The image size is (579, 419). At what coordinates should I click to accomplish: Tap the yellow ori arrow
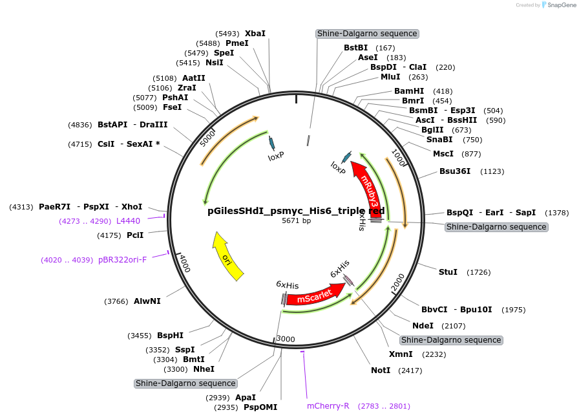227,257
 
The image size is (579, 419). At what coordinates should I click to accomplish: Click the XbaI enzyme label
255,33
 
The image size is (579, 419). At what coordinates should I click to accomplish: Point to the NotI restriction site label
381,370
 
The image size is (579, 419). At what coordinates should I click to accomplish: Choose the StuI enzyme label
448,272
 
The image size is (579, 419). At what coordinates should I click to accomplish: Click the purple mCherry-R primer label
328,406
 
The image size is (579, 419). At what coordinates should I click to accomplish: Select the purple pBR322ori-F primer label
123,260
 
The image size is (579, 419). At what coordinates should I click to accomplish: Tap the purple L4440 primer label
128,221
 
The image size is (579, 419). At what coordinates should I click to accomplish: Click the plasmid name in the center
296,211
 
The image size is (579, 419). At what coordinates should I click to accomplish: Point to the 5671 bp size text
296,221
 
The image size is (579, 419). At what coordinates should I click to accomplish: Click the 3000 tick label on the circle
285,339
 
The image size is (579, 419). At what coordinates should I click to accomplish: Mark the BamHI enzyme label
409,91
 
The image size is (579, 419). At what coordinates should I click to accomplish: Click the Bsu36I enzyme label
455,171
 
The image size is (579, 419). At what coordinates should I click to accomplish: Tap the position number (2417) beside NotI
409,371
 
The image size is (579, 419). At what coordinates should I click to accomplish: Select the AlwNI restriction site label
147,301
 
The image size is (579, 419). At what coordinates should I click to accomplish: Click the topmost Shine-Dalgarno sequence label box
367,34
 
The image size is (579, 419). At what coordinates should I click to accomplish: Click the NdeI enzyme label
423,325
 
